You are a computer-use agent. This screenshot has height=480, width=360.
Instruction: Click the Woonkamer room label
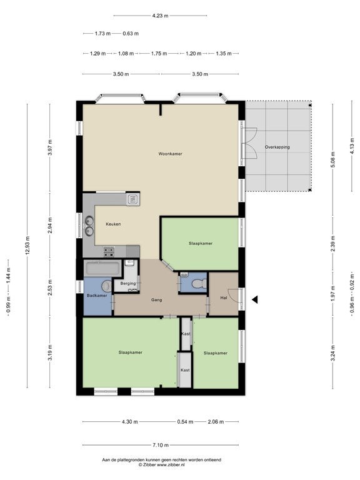[x=170, y=154]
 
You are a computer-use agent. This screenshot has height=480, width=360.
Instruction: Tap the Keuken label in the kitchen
[x=113, y=224]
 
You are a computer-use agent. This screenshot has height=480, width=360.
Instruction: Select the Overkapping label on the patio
[x=277, y=147]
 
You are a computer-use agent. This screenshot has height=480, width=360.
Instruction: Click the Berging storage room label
[x=128, y=284]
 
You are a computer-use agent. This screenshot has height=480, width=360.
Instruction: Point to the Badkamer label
[x=97, y=296]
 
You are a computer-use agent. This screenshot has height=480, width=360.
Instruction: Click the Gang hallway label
[x=156, y=300]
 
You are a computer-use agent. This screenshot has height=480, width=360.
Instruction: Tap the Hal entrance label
[x=224, y=297]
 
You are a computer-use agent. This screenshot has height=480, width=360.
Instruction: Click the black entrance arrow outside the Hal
[x=255, y=300]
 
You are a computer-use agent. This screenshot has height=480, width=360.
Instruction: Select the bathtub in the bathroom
[x=102, y=269]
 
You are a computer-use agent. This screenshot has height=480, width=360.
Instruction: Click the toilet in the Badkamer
[x=107, y=286]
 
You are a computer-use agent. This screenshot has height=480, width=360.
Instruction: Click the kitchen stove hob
[x=109, y=252]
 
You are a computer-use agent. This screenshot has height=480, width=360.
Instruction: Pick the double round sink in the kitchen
[x=89, y=226]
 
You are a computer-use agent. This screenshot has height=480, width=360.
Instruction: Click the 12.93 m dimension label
[x=27, y=245]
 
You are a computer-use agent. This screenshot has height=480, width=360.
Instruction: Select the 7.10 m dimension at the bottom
[x=161, y=445]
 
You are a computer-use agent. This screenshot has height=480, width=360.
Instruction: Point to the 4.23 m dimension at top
[x=160, y=16]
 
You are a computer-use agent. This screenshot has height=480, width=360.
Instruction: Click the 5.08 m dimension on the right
[x=333, y=159]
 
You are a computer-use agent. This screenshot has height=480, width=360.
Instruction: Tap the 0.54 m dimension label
[x=185, y=422]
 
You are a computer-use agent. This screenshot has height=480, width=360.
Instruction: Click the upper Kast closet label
[x=186, y=334]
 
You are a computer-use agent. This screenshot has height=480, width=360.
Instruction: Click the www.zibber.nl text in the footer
[x=171, y=464]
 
